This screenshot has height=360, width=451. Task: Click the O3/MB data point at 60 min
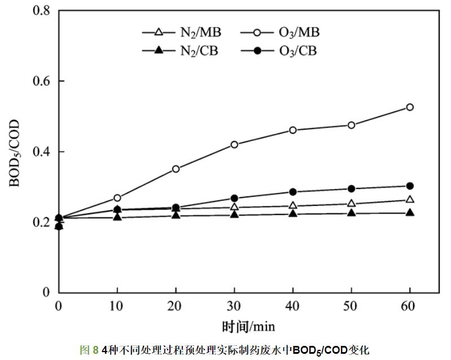(x=410, y=107)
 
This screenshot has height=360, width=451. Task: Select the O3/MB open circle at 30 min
(x=234, y=144)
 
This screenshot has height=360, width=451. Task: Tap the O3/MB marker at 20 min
(x=176, y=169)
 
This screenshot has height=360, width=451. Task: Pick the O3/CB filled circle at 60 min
(x=410, y=186)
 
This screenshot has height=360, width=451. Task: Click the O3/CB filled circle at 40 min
(x=292, y=192)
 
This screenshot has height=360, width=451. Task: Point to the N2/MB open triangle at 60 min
(x=410, y=199)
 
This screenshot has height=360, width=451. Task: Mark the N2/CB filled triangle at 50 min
(x=351, y=213)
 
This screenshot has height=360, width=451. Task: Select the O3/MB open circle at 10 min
(x=117, y=198)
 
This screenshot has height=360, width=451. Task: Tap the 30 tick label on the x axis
(x=234, y=306)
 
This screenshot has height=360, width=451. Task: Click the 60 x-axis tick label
(x=410, y=306)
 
